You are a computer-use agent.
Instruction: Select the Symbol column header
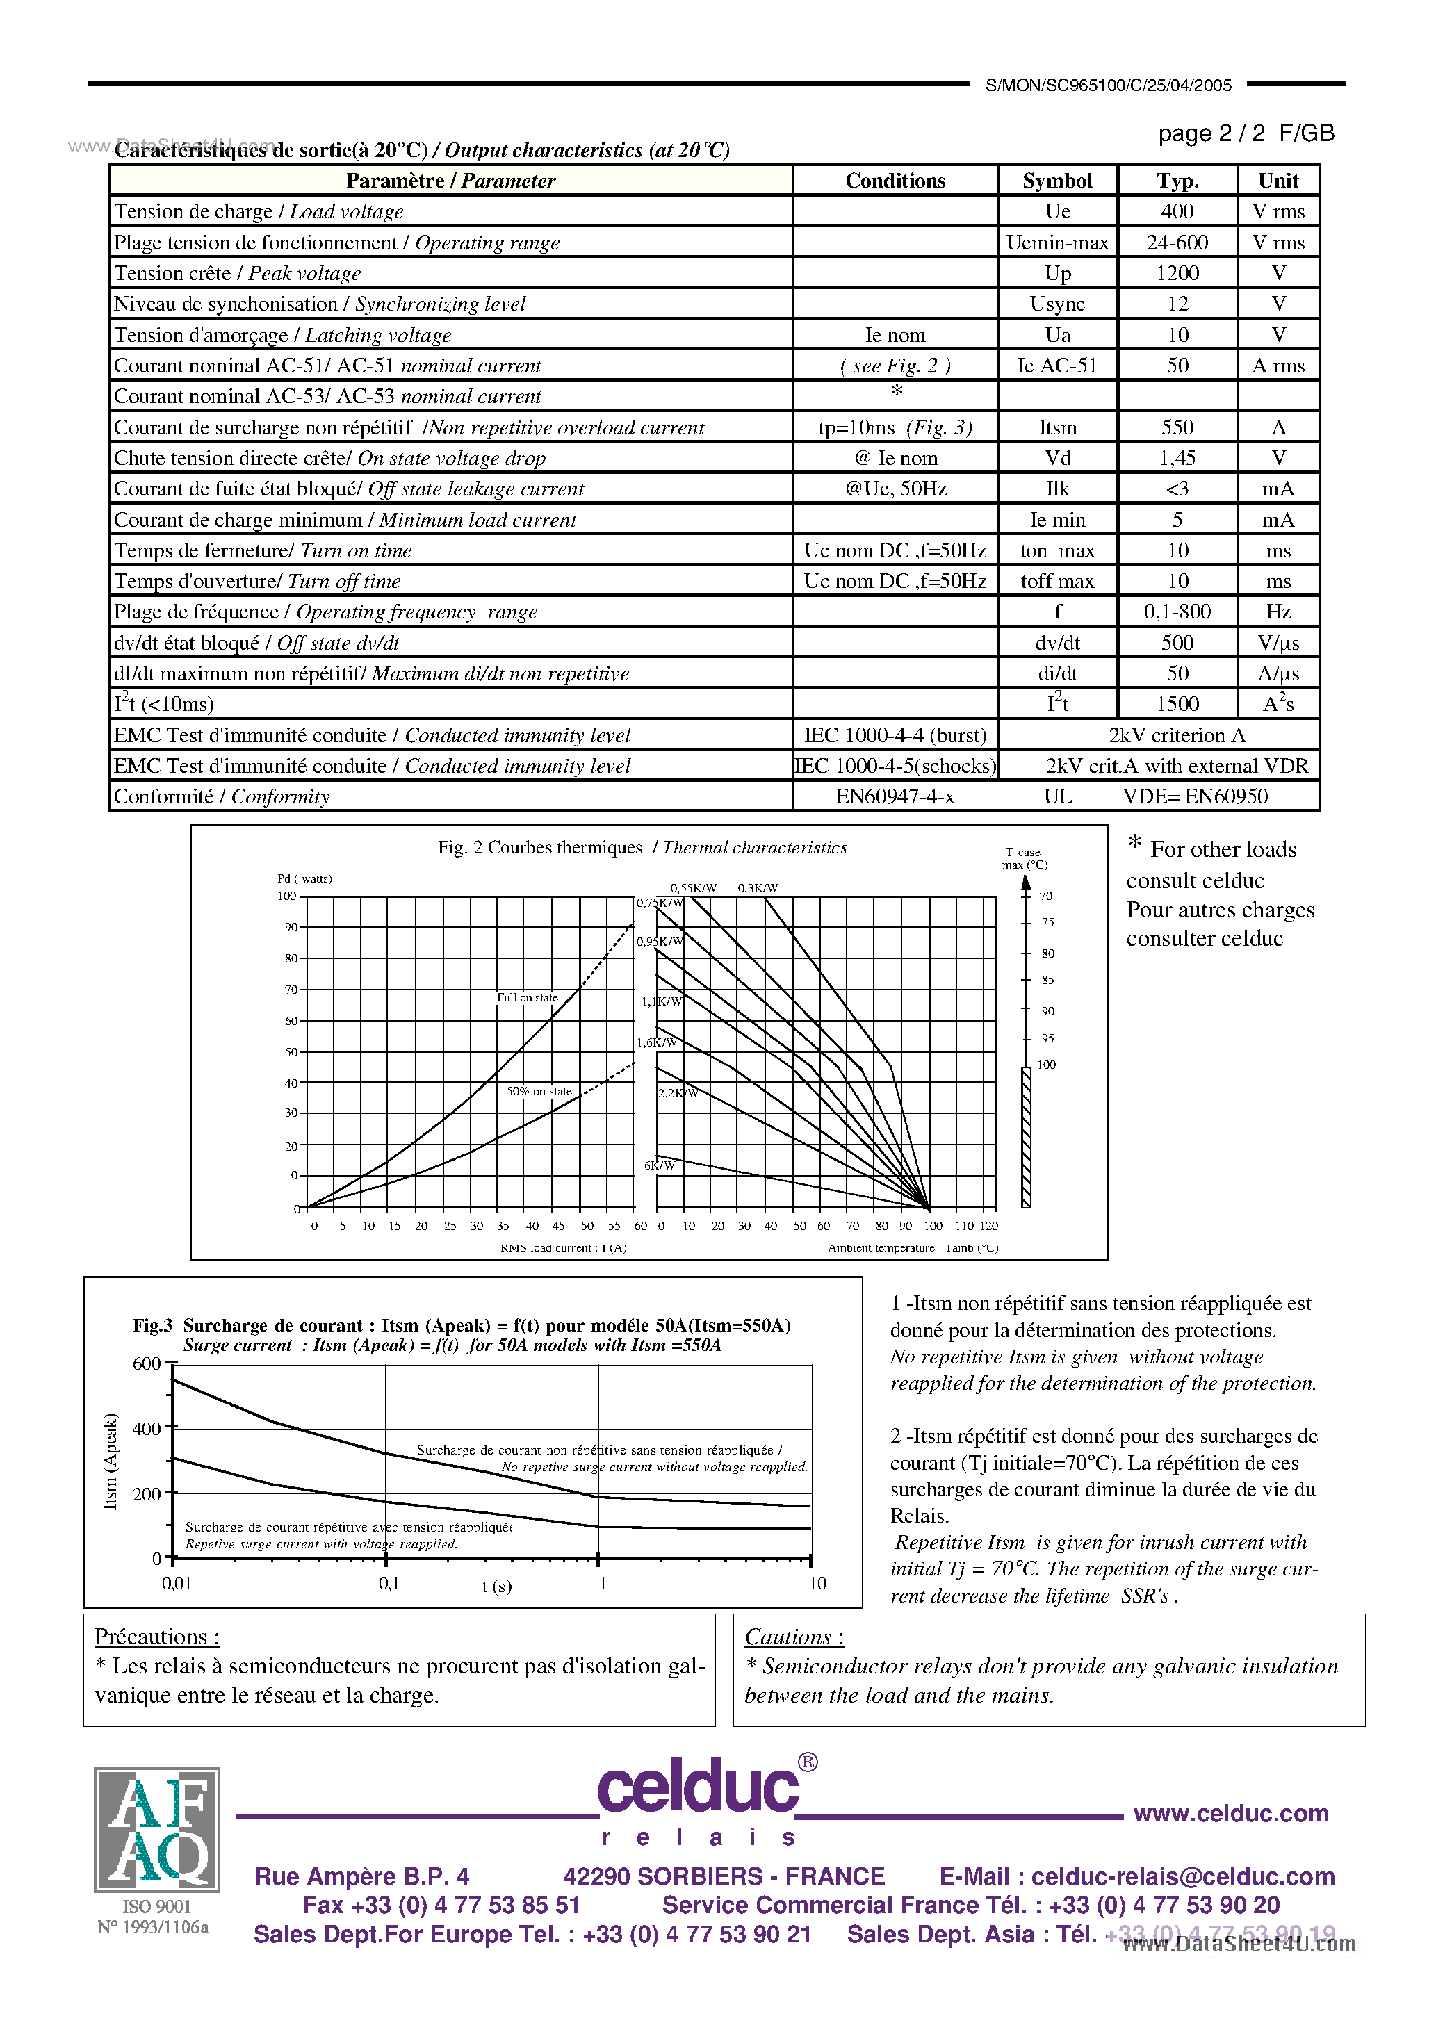point(1057,181)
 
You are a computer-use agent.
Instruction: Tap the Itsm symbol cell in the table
point(1057,427)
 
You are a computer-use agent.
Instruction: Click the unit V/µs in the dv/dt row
point(1278,644)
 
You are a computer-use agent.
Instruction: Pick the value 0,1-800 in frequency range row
point(1177,612)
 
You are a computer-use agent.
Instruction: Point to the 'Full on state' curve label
point(527,997)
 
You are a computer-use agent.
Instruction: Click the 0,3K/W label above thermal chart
point(758,887)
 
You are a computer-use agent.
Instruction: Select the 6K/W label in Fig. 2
point(660,1165)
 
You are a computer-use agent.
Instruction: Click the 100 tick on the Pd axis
point(287,896)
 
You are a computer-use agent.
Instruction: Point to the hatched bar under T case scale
point(1026,1137)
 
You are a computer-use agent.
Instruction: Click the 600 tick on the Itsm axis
point(146,1363)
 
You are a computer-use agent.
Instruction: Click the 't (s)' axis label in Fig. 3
point(497,1586)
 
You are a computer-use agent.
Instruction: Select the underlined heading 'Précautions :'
point(156,1637)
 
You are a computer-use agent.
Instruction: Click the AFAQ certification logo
point(156,1829)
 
